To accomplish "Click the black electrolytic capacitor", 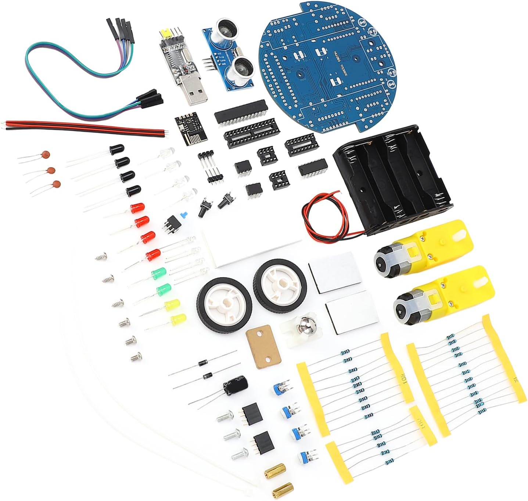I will click(x=235, y=386).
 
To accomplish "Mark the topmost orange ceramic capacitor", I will click(x=45, y=155).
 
